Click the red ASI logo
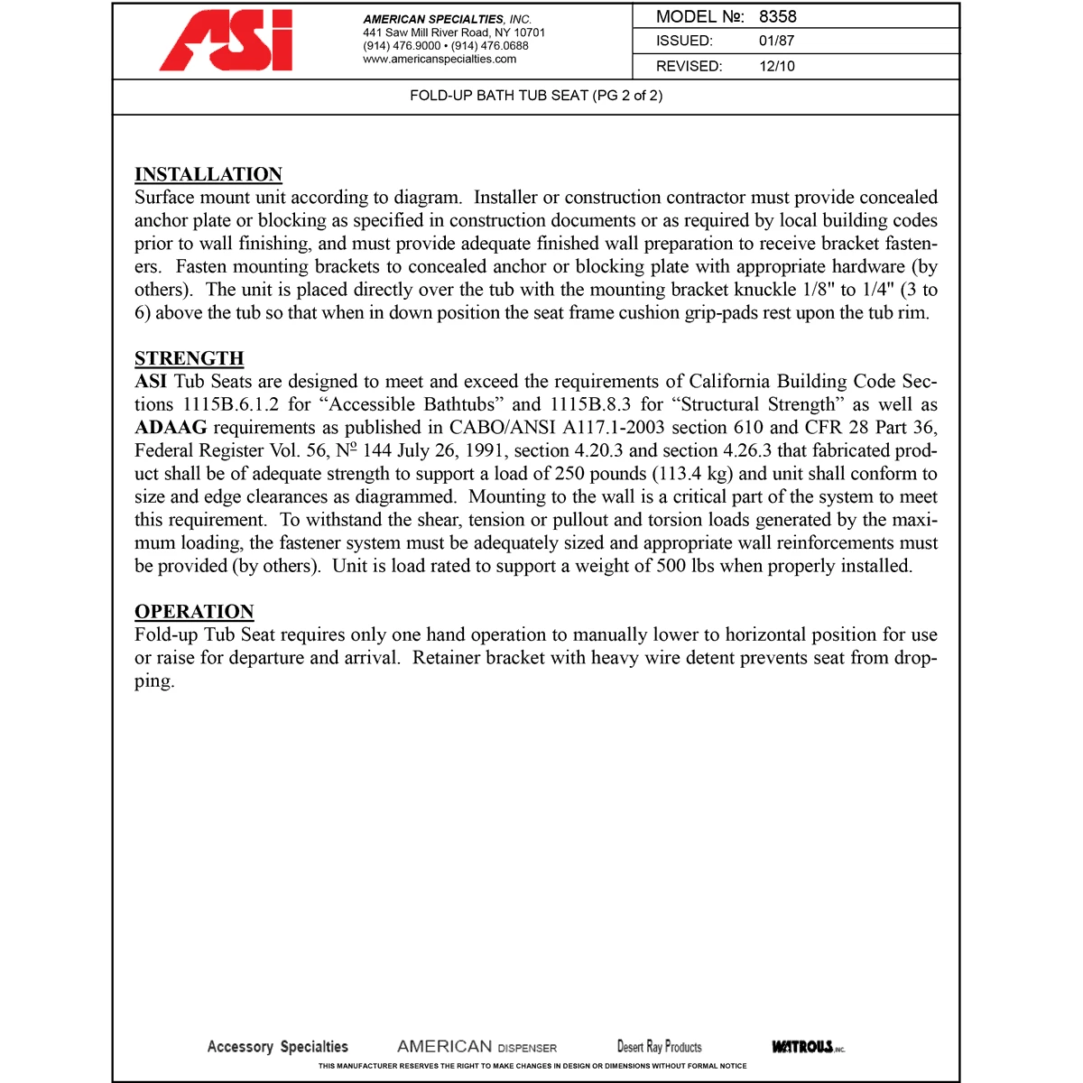click(227, 42)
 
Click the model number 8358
click(777, 16)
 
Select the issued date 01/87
click(776, 41)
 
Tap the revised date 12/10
click(776, 66)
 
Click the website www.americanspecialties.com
click(440, 60)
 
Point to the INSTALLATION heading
click(208, 174)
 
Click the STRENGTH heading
click(190, 358)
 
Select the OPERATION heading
click(194, 611)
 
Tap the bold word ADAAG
click(171, 428)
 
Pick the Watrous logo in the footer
click(808, 1047)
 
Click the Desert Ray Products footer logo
click(659, 1047)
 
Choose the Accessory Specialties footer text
click(277, 1047)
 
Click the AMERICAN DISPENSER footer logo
click(477, 1047)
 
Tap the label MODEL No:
click(699, 16)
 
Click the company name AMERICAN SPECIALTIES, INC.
click(447, 19)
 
